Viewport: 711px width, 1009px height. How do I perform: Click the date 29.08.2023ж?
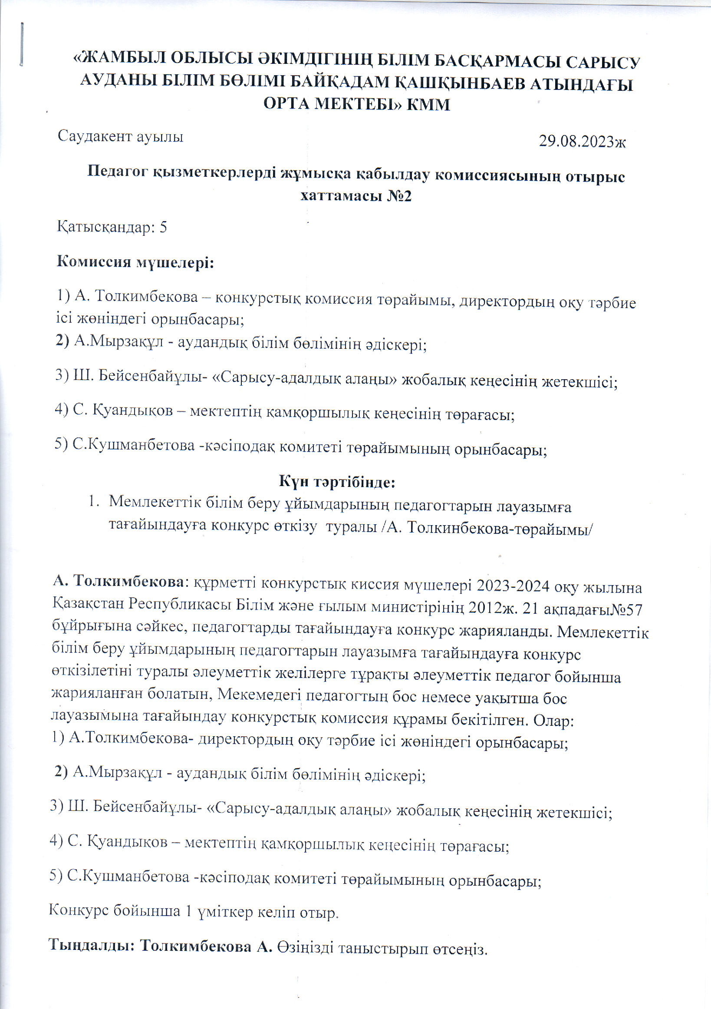[x=582, y=142]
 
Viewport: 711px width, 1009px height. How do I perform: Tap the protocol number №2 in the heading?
[x=399, y=196]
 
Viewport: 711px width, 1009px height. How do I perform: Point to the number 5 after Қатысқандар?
[x=163, y=228]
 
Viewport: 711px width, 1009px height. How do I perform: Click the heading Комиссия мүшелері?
[x=135, y=262]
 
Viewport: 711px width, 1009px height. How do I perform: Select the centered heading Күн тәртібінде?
[x=337, y=482]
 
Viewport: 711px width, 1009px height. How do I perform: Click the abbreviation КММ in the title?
[x=428, y=105]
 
